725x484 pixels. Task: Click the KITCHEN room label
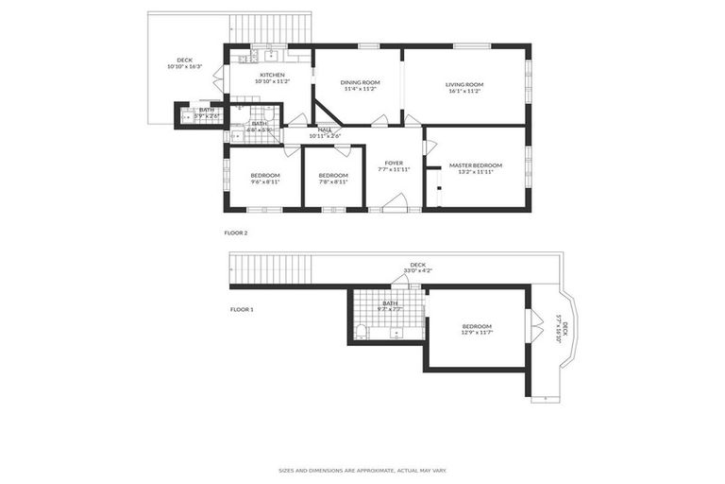273,75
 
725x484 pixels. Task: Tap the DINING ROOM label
359,83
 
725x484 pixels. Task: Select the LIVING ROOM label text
464,84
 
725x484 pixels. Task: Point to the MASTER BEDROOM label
475,165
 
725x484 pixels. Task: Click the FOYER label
394,163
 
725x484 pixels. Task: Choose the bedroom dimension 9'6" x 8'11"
265,181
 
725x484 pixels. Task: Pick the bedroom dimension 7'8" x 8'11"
332,181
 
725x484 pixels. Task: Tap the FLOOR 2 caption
237,233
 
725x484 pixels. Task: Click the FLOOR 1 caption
243,309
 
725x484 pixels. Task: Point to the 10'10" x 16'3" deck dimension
184,66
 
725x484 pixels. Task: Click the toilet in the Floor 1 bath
361,331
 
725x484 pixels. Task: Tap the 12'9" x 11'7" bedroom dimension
476,333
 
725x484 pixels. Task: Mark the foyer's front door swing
396,201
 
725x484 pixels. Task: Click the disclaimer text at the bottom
362,470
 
